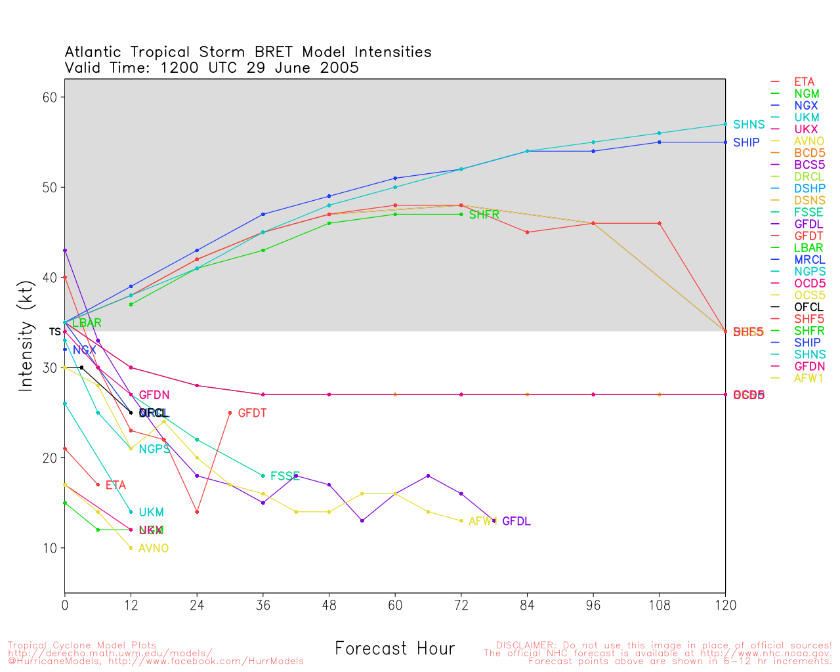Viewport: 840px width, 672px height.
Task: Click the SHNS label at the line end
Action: point(749,125)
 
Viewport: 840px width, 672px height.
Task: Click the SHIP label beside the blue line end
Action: point(746,142)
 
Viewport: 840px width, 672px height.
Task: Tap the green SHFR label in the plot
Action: point(484,215)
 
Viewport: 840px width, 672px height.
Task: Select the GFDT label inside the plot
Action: point(252,413)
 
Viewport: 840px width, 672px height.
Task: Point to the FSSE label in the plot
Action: point(285,476)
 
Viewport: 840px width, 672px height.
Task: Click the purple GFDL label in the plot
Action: point(516,522)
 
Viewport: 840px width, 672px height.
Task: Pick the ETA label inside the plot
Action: point(115,486)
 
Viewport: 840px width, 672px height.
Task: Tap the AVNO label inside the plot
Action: point(154,549)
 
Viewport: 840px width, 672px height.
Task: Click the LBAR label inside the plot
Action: point(87,324)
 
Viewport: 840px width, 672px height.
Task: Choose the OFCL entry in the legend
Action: point(808,307)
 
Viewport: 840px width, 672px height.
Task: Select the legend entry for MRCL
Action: point(809,260)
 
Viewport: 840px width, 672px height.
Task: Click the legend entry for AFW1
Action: point(808,378)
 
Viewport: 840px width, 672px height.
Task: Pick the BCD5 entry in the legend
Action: point(809,153)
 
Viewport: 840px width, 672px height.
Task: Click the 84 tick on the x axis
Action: point(527,606)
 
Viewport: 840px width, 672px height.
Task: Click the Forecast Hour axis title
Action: point(394,649)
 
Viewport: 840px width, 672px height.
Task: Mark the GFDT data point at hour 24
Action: point(197,512)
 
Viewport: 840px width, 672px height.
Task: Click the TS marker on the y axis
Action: point(54,332)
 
